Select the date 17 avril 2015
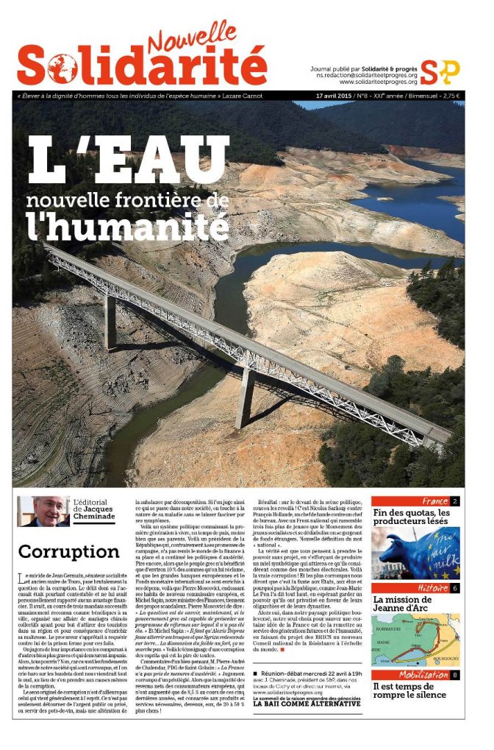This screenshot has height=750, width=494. tap(332, 96)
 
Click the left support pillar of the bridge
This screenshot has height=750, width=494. tap(110, 322)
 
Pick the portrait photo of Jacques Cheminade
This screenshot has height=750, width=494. tap(43, 512)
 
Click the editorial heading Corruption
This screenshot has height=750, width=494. tap(68, 551)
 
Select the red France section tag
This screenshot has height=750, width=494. tap(434, 501)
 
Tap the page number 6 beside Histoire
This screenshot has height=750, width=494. tap(455, 588)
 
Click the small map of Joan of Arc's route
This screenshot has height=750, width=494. tap(416, 640)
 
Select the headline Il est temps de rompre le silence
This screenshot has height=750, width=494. tap(409, 691)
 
